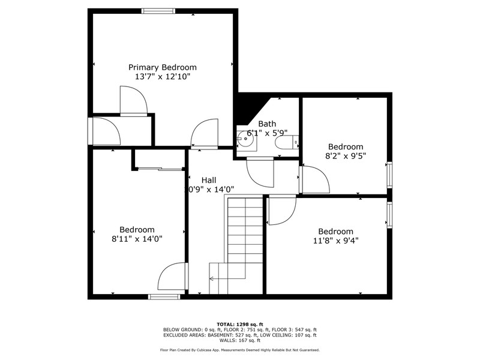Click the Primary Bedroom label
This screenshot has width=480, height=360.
(162, 67)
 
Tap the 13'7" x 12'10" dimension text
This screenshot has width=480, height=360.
(163, 77)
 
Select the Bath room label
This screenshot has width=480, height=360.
(267, 124)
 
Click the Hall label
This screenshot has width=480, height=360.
(209, 180)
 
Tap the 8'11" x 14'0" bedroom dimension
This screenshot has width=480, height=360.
(137, 239)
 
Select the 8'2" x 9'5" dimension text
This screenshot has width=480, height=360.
(346, 156)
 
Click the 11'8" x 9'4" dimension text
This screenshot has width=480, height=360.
(336, 241)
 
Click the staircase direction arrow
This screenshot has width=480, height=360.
(228, 278)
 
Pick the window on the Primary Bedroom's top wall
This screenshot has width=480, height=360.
(158, 11)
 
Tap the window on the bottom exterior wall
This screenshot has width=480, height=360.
(164, 296)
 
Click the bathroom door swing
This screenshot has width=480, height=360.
(260, 172)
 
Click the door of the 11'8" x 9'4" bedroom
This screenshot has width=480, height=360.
(281, 211)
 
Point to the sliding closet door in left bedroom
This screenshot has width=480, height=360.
(159, 169)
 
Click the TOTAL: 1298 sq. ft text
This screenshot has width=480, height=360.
(239, 324)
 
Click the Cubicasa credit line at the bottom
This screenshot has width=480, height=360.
(239, 350)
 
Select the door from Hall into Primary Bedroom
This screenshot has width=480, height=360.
(205, 133)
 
